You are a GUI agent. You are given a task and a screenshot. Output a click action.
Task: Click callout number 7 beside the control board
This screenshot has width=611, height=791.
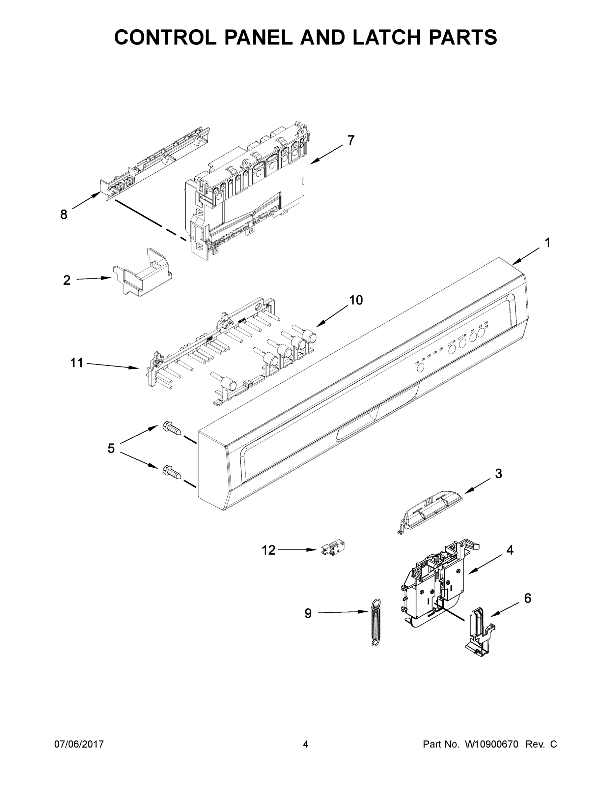pos(351,140)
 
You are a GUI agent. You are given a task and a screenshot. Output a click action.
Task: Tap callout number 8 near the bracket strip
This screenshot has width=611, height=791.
pos(64,215)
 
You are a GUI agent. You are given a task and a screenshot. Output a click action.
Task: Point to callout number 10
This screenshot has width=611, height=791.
pos(356,300)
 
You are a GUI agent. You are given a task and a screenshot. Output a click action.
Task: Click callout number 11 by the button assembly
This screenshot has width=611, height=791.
pos(76,363)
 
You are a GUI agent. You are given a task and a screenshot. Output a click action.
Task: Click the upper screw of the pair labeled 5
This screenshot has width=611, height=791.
pos(172,429)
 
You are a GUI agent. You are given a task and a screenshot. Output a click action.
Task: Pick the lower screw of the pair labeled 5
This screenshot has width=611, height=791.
pos(172,472)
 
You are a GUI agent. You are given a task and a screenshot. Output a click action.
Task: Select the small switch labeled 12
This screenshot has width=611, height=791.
pos(333,549)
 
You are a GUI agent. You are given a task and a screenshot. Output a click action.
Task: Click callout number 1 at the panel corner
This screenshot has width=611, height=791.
pos(547,243)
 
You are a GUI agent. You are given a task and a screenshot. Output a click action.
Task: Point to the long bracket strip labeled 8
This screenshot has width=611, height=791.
pos(156,163)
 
